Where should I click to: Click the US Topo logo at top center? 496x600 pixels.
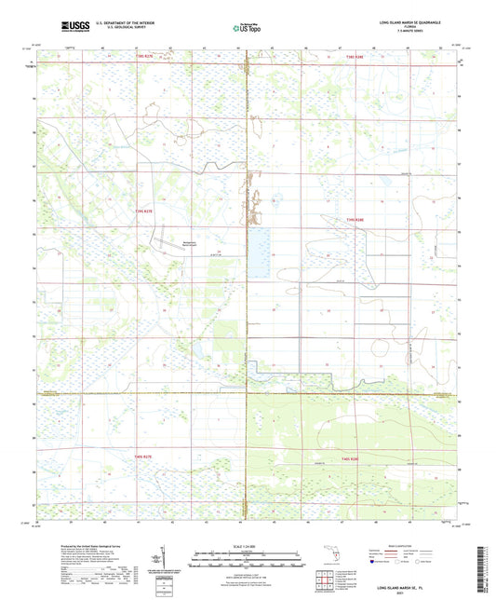point(244,29)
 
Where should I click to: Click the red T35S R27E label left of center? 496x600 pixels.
point(150,211)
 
